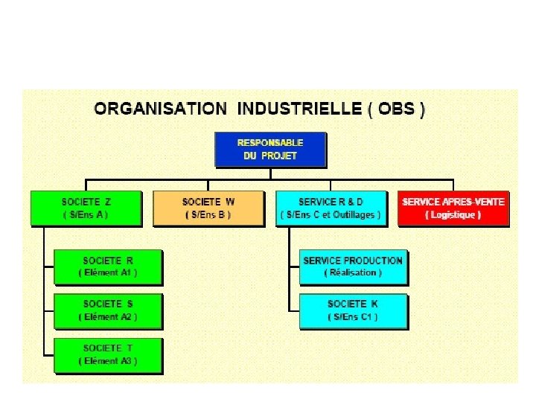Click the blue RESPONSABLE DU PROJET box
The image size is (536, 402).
pos(270,149)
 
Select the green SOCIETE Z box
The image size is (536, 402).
pos(86,208)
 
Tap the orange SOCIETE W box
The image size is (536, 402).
pos(208,208)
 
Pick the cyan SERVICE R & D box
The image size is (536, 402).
pos(331,208)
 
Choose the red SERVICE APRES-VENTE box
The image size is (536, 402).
pos(453,208)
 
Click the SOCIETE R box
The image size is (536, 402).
pos(108,267)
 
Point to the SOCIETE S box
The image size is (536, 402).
pos(108,310)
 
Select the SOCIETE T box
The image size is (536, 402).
pos(108,354)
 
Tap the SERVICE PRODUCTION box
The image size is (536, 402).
pos(353,267)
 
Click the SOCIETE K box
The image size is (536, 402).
pos(353,310)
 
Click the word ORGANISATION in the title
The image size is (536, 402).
pos(160,109)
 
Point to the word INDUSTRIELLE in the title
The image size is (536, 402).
pos(299,109)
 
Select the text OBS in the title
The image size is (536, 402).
pos(397,109)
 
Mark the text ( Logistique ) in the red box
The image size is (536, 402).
pos(453,215)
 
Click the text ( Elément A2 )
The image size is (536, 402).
pos(108,317)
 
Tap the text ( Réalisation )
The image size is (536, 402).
pos(353,273)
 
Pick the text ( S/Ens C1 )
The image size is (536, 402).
pos(353,317)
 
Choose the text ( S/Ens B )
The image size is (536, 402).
pos(208,215)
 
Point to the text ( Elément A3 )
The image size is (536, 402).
pos(108,361)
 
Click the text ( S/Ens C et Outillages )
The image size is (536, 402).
pos(331,215)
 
